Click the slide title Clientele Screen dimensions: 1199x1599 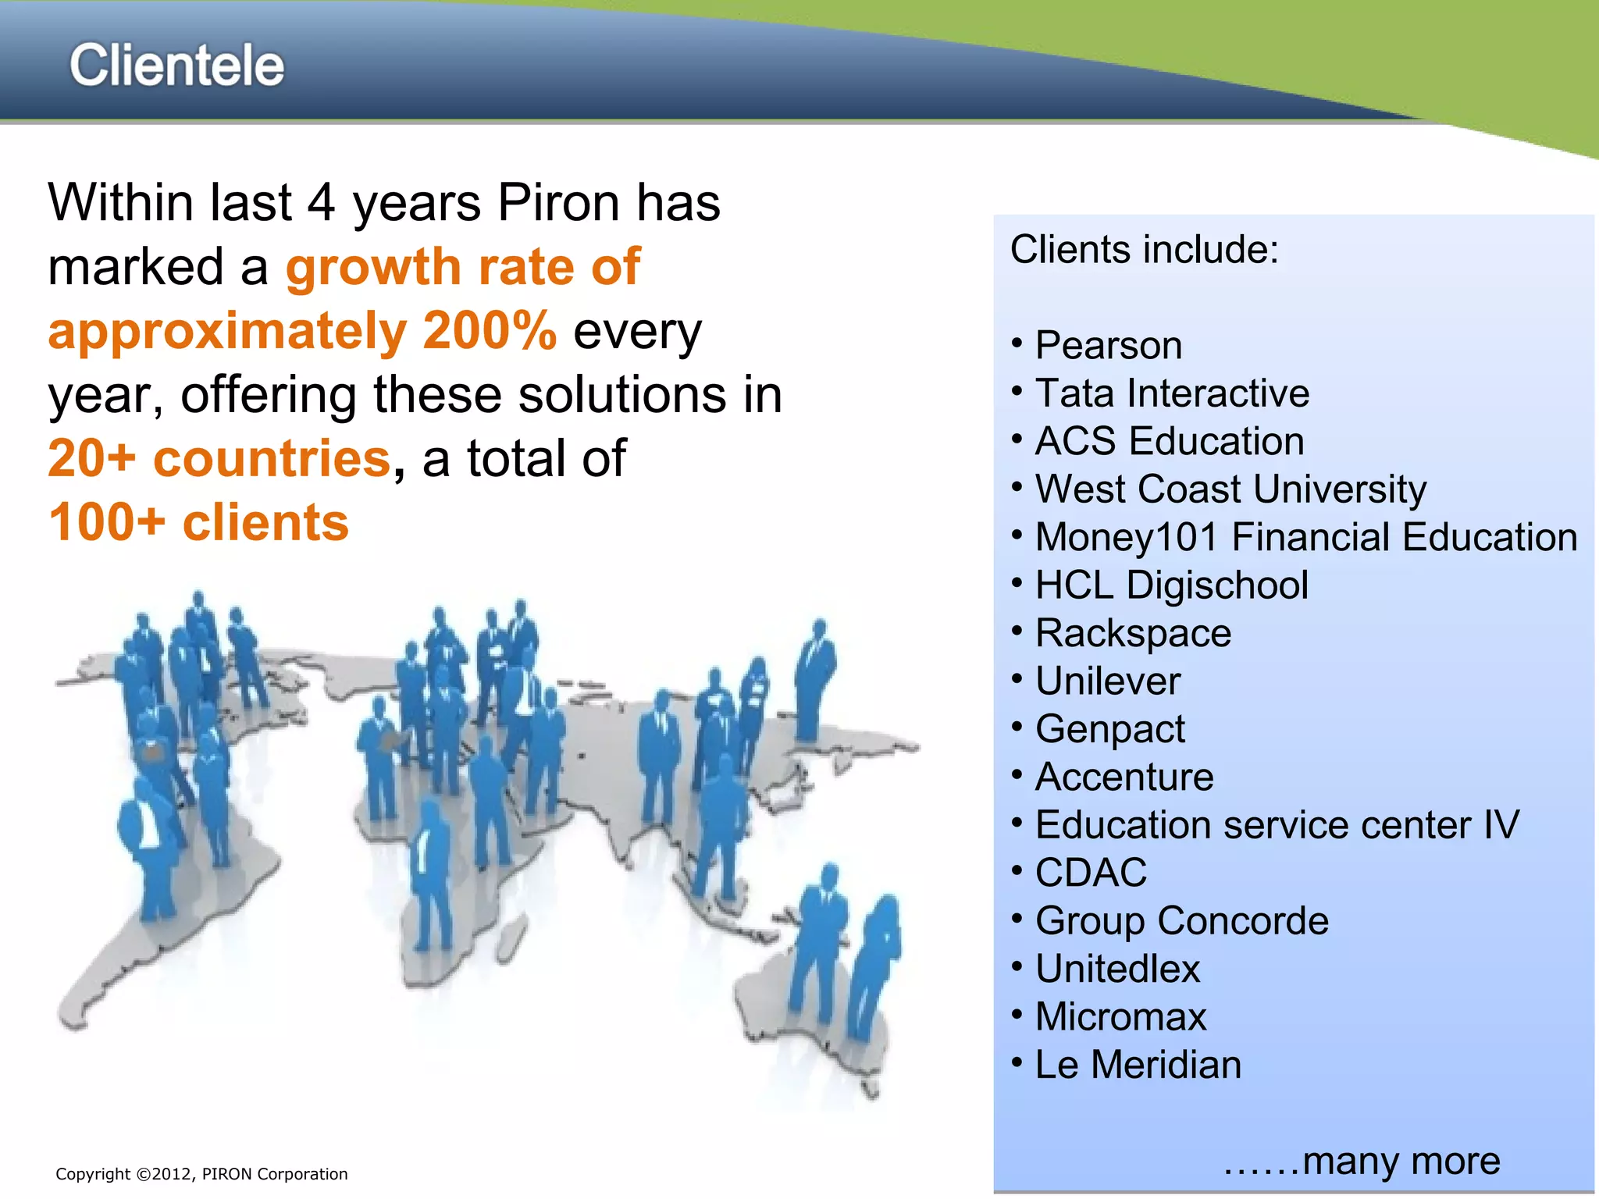pyautogui.click(x=176, y=66)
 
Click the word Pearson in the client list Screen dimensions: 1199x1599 pyautogui.click(x=1108, y=346)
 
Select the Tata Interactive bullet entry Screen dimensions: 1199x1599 pyautogui.click(x=1171, y=393)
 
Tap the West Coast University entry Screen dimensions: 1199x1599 pyautogui.click(x=1230, y=489)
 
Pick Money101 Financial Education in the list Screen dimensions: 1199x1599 pyautogui.click(x=1305, y=538)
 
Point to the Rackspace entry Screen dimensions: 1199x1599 pyautogui.click(x=1132, y=633)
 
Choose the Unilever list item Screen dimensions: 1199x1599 pyautogui.click(x=1107, y=681)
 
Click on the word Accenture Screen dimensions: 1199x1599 pyautogui.click(x=1124, y=777)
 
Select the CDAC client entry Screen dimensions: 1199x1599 pyautogui.click(x=1091, y=873)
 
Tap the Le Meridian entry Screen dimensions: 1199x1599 pyautogui.click(x=1138, y=1065)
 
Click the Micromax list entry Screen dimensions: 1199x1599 pyautogui.click(x=1120, y=1017)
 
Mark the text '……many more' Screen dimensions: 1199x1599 pyautogui.click(x=1361, y=1161)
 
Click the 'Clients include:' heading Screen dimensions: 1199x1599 pyautogui.click(x=1144, y=250)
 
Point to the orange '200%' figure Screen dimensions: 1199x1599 pyautogui.click(x=490, y=331)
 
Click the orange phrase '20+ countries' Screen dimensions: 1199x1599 pyautogui.click(x=219, y=458)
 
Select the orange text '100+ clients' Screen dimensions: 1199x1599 pyautogui.click(x=198, y=522)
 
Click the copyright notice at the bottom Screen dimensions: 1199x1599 pyautogui.click(x=201, y=1174)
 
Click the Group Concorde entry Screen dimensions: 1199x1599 pyautogui.click(x=1181, y=921)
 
